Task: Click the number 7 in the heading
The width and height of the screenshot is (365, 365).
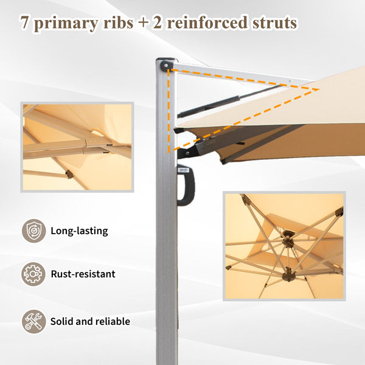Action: [25, 23]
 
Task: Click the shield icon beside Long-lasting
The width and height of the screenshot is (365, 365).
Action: [33, 231]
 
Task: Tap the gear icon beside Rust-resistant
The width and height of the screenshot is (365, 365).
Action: [33, 274]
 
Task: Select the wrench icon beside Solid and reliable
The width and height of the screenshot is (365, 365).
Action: [33, 321]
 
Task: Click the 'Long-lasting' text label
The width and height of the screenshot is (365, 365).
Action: [79, 231]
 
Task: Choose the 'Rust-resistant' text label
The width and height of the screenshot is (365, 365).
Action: [83, 274]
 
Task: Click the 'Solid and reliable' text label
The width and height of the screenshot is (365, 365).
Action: [90, 321]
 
